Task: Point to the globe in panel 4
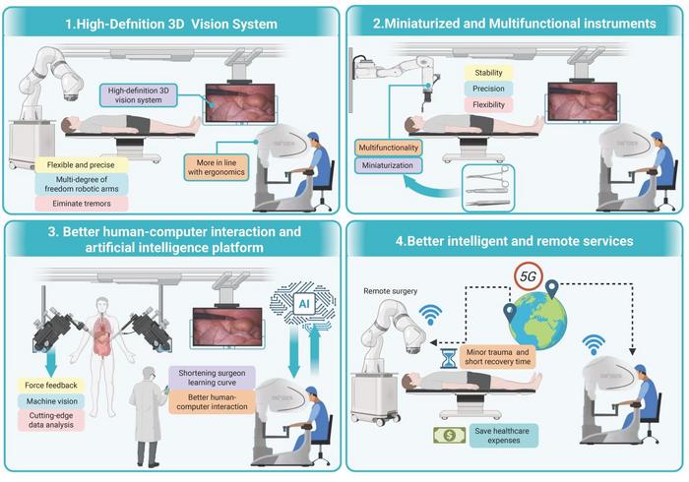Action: pos(536,319)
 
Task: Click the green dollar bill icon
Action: pos(448,435)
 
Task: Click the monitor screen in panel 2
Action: pos(583,101)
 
